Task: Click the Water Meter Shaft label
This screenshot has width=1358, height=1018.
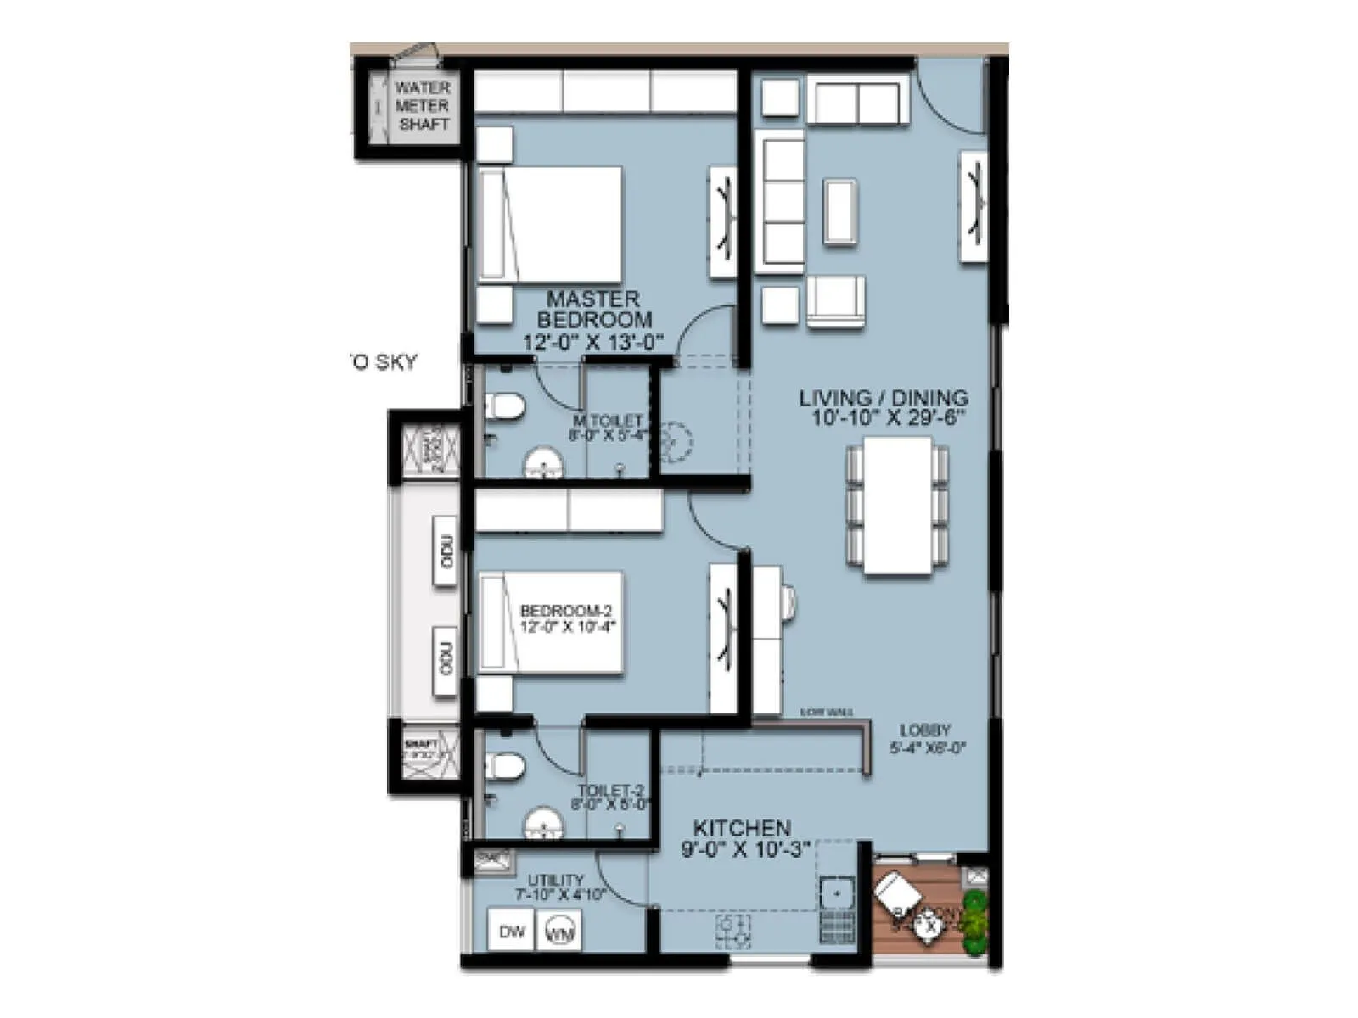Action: click(x=422, y=105)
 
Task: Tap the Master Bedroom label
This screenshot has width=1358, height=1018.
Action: click(x=593, y=310)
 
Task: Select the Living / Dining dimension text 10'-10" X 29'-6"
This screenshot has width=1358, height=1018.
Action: click(x=884, y=417)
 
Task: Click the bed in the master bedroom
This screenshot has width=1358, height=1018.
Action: click(x=550, y=224)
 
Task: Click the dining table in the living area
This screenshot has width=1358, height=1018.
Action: click(x=897, y=506)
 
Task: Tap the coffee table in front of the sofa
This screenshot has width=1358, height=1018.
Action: click(x=840, y=211)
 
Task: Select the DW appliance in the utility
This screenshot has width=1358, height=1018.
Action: click(x=511, y=931)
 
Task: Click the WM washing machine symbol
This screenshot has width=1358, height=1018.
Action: click(x=559, y=932)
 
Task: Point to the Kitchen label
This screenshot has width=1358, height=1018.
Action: click(x=742, y=828)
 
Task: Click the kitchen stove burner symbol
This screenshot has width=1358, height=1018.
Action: click(x=734, y=931)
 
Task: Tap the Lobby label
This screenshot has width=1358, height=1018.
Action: click(x=925, y=730)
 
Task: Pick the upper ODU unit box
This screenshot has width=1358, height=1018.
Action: click(x=446, y=551)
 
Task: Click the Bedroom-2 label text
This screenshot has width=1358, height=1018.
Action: click(x=566, y=611)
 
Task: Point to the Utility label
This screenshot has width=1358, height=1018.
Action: click(x=555, y=880)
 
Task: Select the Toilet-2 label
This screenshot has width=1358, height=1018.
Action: click(x=610, y=790)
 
